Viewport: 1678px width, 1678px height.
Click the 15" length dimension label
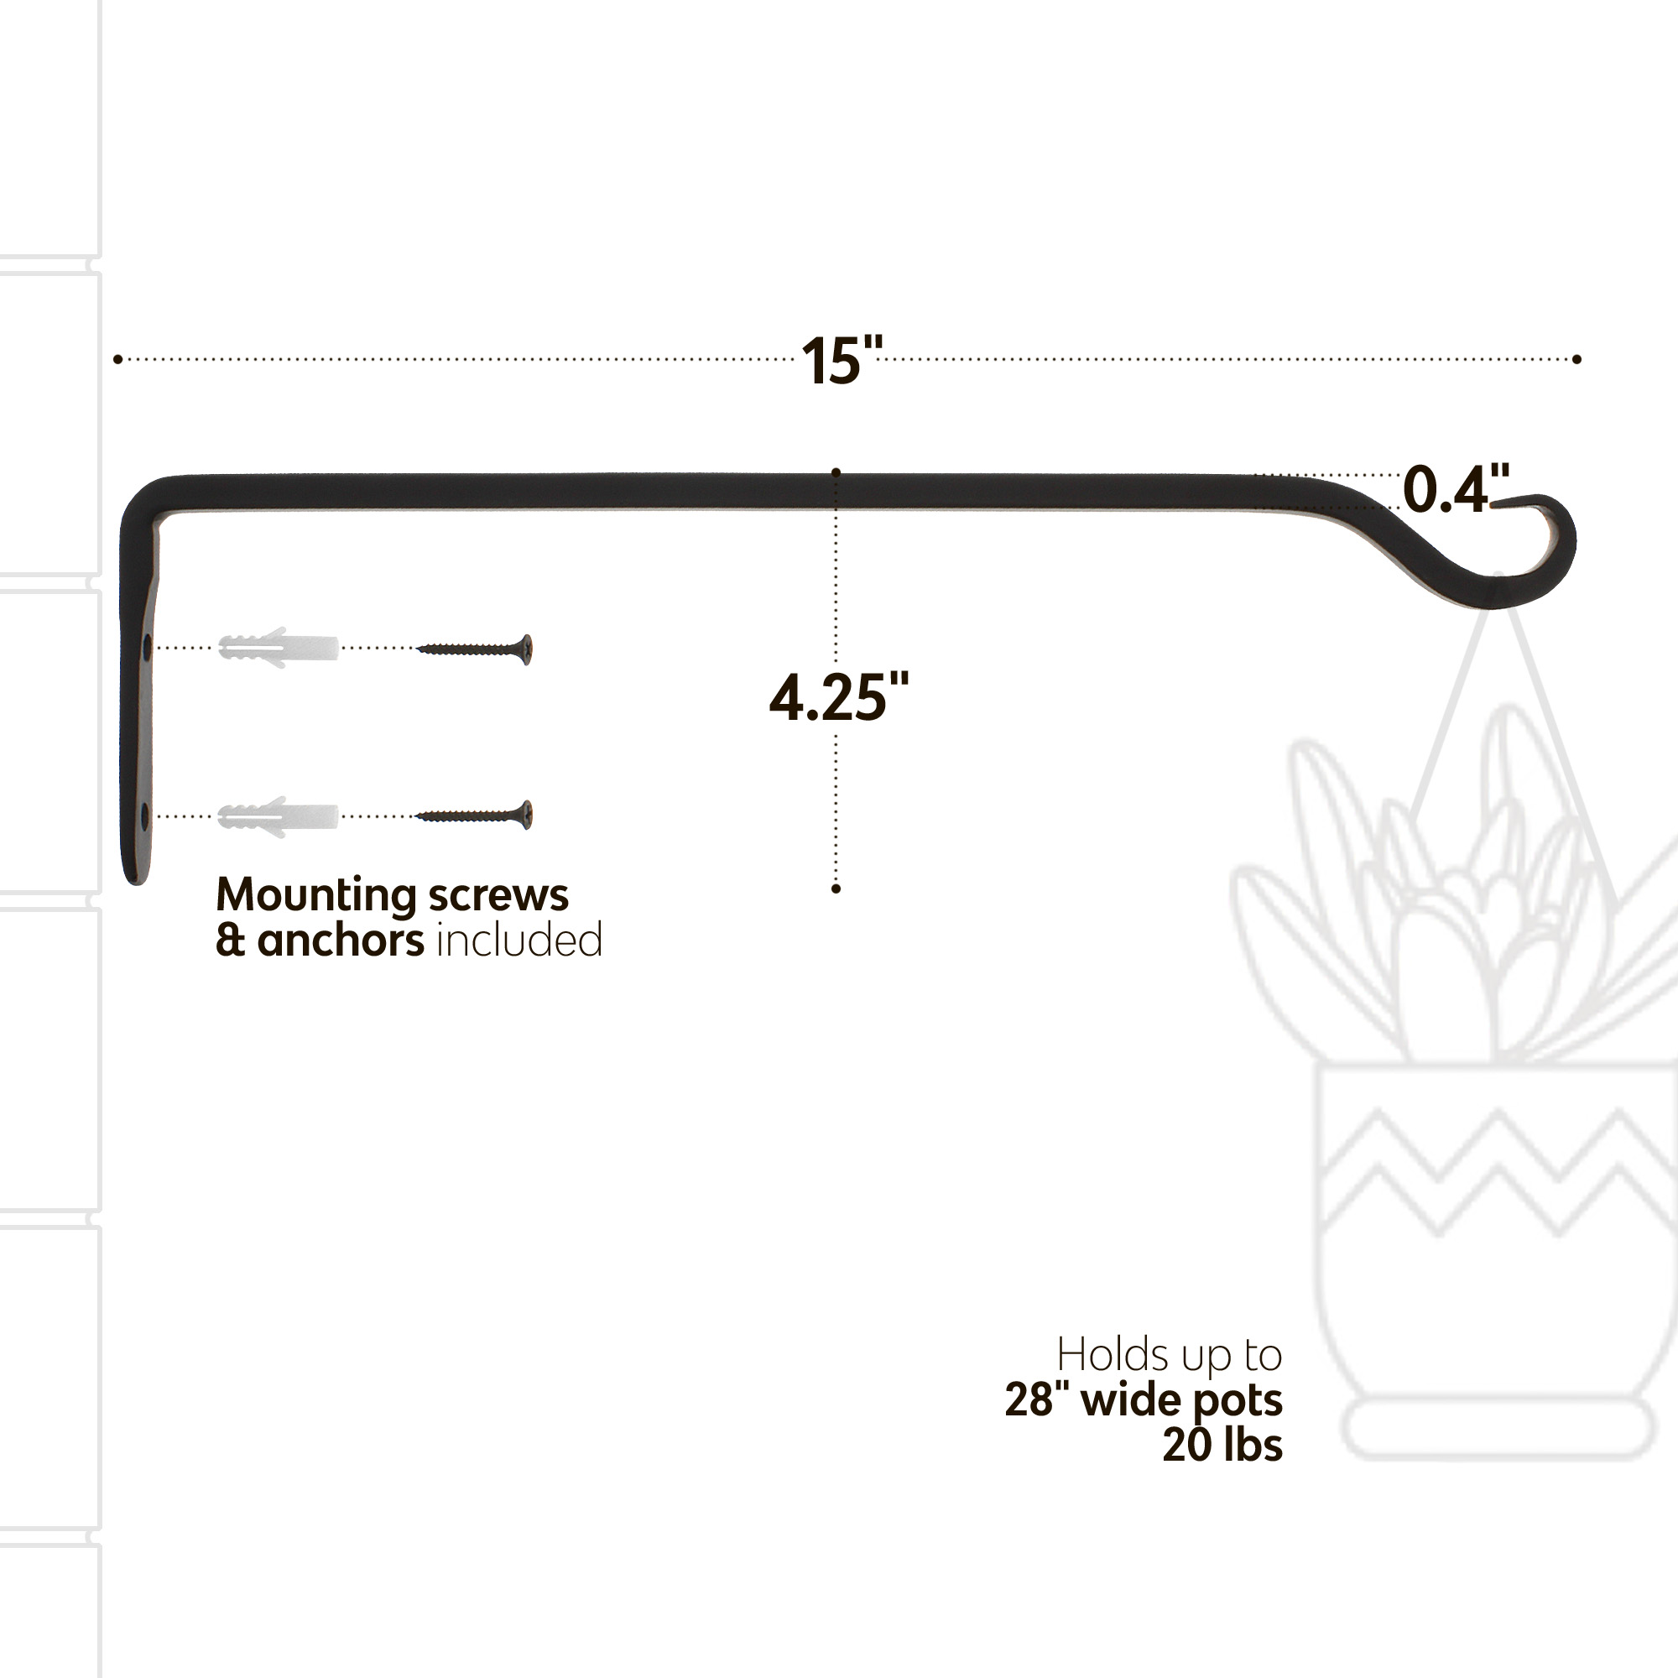click(841, 360)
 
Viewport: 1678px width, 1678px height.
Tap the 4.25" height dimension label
click(839, 697)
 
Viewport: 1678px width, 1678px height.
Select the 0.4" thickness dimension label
click(1456, 489)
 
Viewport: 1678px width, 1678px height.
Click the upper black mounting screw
click(474, 649)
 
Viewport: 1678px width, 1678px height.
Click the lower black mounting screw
click(474, 816)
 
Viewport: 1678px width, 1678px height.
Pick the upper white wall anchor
click(278, 648)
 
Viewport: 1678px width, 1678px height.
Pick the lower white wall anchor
click(278, 816)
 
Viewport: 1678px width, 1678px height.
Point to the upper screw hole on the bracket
click(146, 647)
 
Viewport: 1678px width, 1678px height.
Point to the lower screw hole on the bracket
click(145, 816)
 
